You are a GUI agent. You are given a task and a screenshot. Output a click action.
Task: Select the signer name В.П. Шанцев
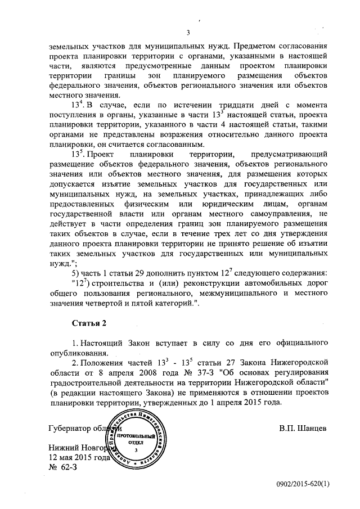303,427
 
